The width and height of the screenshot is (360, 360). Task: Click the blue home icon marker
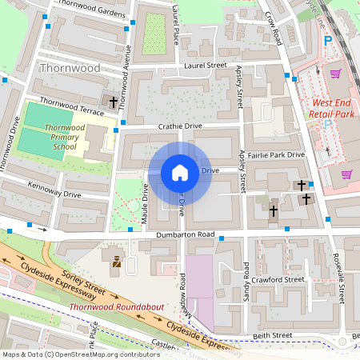179,172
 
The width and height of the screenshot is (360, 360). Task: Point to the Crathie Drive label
180,126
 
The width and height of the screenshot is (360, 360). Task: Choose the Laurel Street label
206,66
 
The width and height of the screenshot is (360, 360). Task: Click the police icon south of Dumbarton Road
117,261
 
